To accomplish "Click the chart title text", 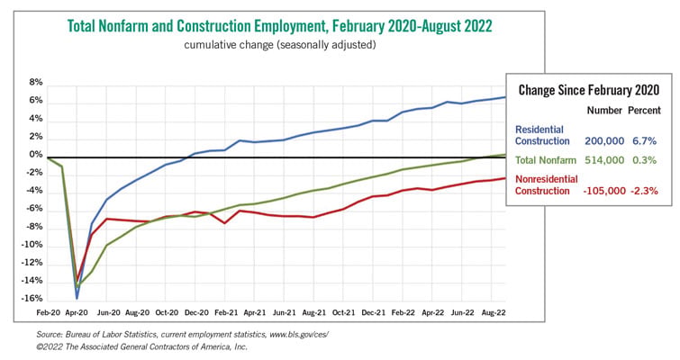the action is click(x=280, y=26).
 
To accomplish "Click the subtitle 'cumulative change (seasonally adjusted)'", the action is click(x=280, y=45).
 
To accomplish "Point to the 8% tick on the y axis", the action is click(x=36, y=82).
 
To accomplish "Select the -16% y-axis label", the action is click(x=32, y=299).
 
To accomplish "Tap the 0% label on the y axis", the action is click(x=36, y=155).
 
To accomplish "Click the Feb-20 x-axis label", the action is click(x=48, y=312).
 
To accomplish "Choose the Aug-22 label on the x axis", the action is click(x=494, y=312).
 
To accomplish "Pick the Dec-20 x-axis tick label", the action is click(x=196, y=312).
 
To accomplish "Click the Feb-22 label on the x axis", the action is click(x=403, y=312).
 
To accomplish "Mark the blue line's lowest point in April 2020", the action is click(x=77, y=299).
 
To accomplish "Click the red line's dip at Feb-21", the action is click(x=224, y=222).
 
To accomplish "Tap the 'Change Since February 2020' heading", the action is click(x=588, y=90).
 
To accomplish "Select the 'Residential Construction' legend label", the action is click(x=542, y=135).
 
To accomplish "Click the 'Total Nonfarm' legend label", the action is click(x=546, y=160).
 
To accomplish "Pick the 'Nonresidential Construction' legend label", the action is click(x=547, y=185).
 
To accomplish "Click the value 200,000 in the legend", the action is click(x=604, y=140).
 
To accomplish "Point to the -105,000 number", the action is click(x=604, y=191).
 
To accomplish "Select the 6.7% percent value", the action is click(x=645, y=140).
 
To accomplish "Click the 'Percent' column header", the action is click(x=644, y=111).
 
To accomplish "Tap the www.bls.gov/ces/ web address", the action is click(x=299, y=335).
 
